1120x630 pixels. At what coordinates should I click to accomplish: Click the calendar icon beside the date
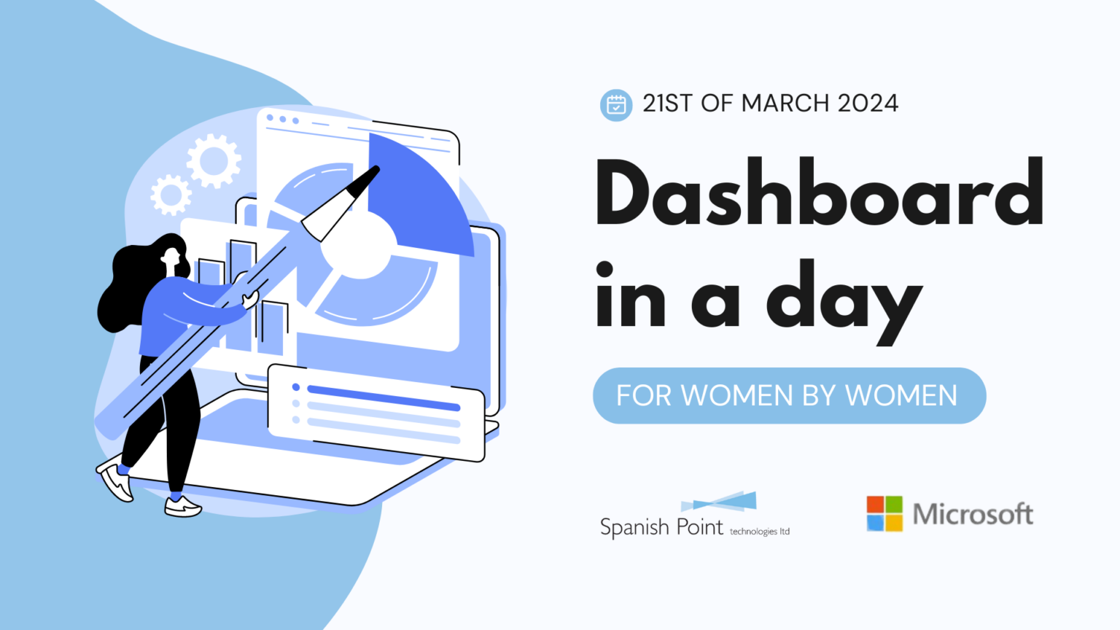point(616,105)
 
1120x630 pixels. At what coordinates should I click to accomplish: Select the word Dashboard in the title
point(819,193)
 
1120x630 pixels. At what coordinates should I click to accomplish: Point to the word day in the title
point(844,302)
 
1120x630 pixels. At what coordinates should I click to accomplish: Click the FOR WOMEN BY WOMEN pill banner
point(789,395)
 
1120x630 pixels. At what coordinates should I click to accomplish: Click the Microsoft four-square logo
point(884,513)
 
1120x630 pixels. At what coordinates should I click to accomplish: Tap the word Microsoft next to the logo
point(973,514)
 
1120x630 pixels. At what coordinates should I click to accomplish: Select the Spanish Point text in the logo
point(661,527)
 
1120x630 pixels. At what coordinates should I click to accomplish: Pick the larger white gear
point(214,161)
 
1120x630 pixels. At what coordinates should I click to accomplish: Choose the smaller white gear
point(171,195)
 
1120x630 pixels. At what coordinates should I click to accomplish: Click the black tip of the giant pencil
point(364,182)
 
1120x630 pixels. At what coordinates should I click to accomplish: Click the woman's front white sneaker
point(183,507)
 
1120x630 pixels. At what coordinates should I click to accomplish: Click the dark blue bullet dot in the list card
point(296,387)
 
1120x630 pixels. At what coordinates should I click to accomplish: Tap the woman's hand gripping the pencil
point(250,300)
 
